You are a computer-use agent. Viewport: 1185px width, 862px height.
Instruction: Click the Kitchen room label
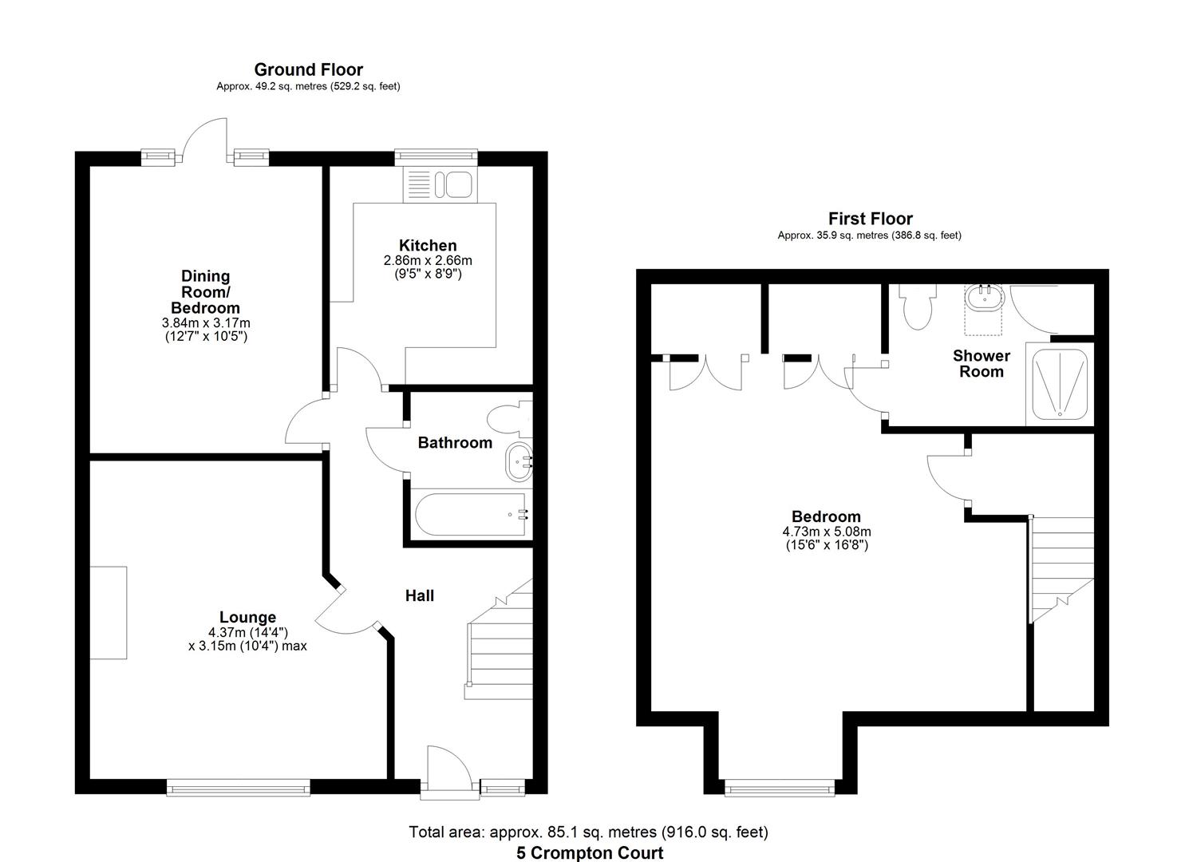428,246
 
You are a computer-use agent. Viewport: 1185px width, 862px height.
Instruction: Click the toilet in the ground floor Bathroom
509,418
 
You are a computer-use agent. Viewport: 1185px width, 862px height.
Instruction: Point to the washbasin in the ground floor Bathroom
518,462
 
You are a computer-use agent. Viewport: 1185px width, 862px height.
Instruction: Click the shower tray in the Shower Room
1060,383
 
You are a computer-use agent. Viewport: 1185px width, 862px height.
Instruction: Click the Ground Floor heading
308,70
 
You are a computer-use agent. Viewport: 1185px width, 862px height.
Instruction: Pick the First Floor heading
870,219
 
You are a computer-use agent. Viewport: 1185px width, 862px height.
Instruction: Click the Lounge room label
247,617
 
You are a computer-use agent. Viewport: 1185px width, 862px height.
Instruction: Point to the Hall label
420,595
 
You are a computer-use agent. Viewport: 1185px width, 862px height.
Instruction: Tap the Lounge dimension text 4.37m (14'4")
247,632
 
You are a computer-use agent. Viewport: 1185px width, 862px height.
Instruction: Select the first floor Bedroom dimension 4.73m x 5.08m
826,532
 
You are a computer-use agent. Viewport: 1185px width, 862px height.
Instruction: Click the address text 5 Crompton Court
590,852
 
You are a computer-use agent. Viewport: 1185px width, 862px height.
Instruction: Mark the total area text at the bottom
588,832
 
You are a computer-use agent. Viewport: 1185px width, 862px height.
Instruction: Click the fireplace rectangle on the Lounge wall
108,612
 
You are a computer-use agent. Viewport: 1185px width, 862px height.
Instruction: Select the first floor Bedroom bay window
779,789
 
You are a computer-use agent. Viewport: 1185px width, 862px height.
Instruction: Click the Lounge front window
239,789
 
